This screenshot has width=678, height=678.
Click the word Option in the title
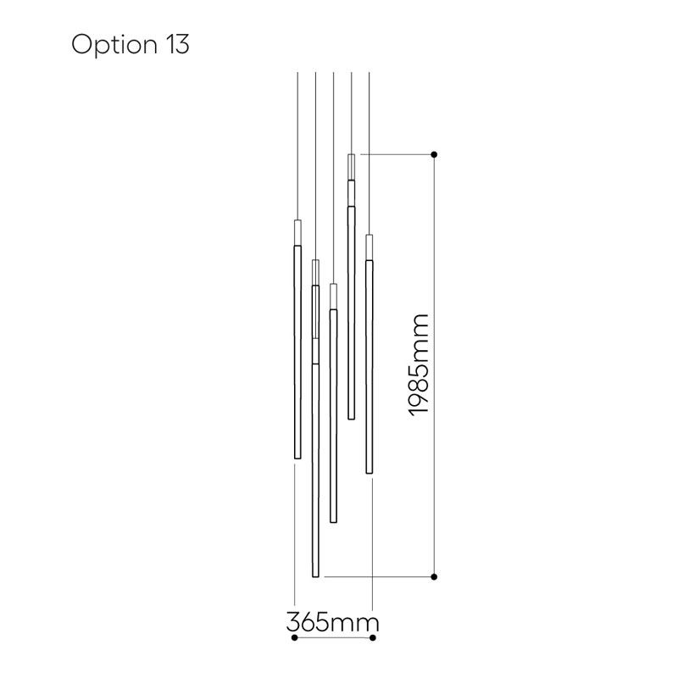(114, 46)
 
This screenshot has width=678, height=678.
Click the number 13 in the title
(177, 44)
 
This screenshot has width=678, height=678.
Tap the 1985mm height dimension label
(418, 365)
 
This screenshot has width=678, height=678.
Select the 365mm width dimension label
(332, 623)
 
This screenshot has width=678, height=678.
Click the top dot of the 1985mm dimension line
(434, 154)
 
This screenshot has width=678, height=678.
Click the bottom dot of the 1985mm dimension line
(434, 577)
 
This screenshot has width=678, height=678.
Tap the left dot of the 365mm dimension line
(294, 638)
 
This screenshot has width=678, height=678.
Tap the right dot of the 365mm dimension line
(373, 638)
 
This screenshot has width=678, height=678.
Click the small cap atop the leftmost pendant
(297, 232)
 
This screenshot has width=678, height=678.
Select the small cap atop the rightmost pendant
(370, 247)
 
